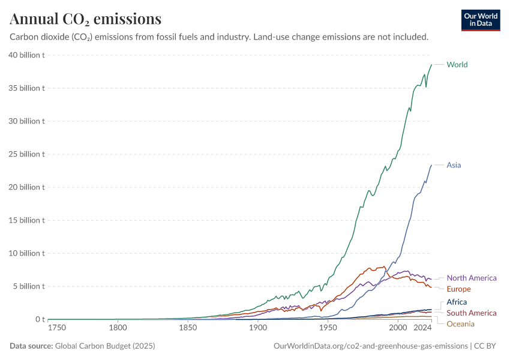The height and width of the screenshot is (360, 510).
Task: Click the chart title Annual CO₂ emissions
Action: (85, 19)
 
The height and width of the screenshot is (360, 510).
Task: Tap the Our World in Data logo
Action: (480, 20)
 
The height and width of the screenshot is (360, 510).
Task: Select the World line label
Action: (457, 65)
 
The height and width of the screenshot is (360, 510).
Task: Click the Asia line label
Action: (454, 165)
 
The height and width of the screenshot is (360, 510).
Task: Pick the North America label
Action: (472, 278)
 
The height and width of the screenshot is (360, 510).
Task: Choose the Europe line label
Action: (459, 289)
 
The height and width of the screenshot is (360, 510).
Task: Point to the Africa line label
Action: (457, 302)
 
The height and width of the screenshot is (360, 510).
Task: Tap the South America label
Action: (472, 313)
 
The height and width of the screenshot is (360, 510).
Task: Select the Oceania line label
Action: (461, 324)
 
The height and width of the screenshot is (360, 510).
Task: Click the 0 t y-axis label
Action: (40, 319)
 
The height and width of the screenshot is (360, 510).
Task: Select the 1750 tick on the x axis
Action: (58, 328)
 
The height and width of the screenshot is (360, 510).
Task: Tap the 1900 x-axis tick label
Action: (258, 328)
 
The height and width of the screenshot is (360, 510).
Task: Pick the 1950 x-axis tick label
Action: (328, 328)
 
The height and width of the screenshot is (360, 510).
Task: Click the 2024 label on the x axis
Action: (423, 328)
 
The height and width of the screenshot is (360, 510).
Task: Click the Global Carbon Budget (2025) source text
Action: (107, 346)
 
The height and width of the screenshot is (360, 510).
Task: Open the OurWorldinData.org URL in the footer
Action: (370, 346)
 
